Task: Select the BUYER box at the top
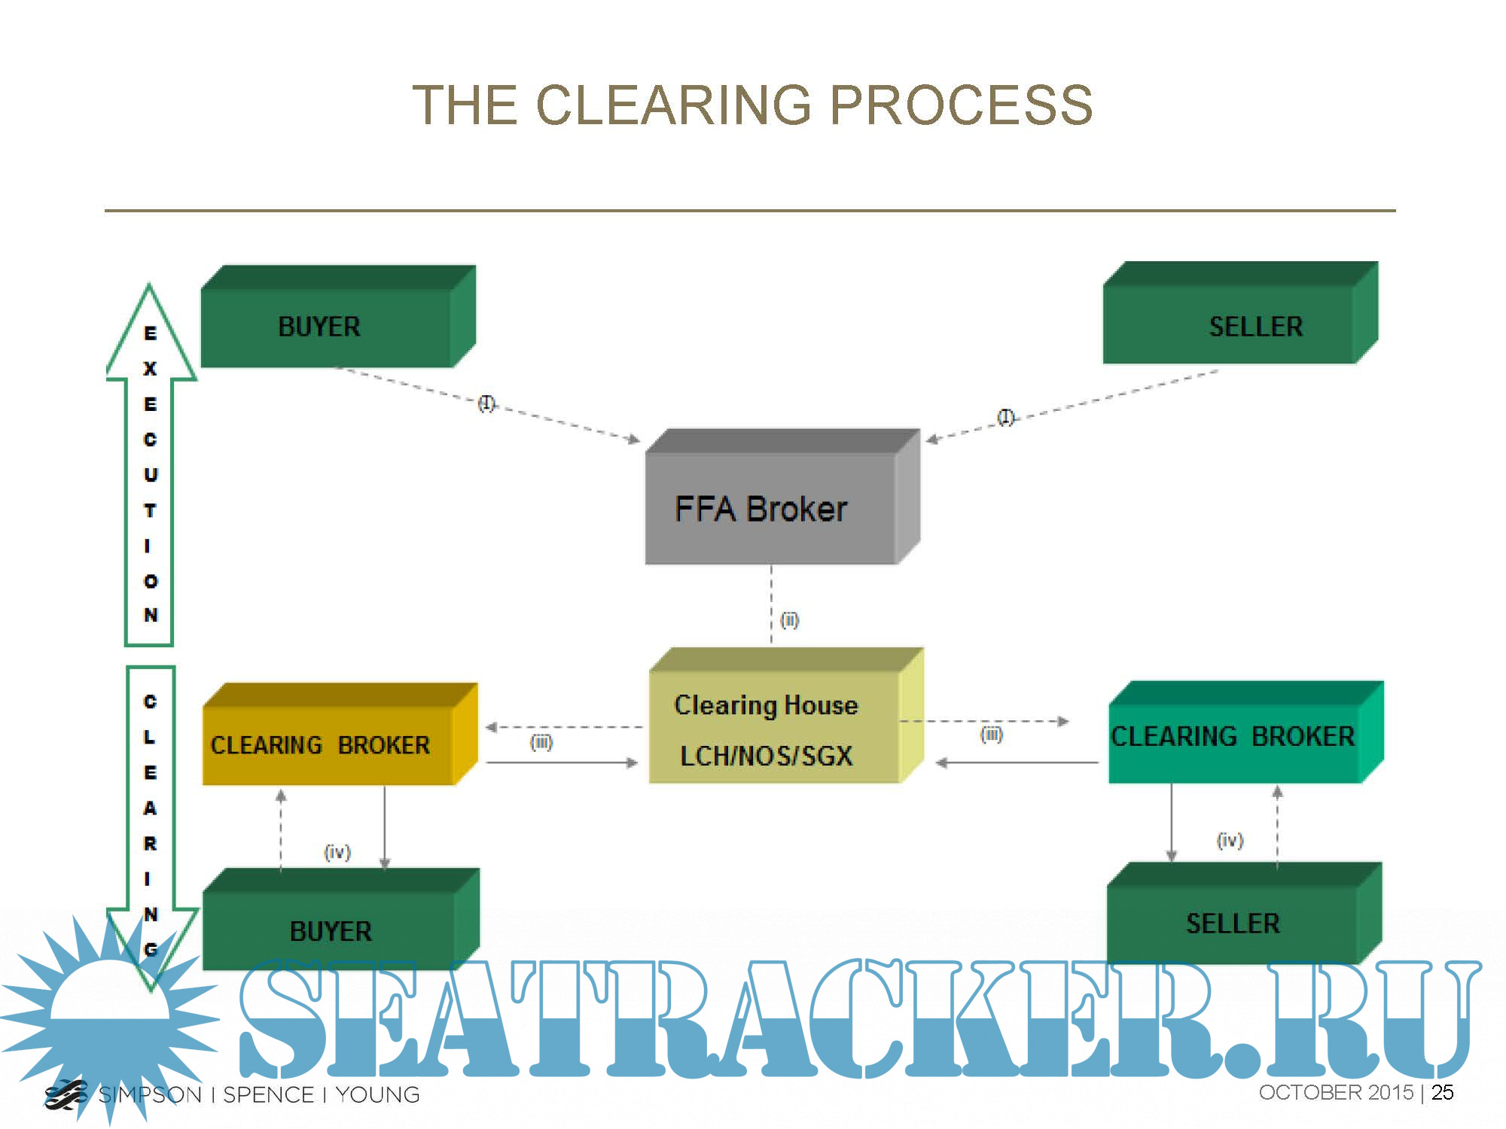point(328,326)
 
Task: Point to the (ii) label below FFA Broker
point(789,620)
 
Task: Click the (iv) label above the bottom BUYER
point(337,852)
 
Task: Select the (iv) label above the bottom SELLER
point(1230,840)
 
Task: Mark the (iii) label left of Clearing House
point(541,743)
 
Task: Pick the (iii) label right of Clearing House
point(991,735)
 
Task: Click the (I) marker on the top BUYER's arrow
point(486,403)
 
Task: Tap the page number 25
point(1442,1092)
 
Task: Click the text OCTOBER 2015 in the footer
point(1336,1092)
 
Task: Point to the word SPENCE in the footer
point(268,1094)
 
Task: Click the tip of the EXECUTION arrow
point(149,288)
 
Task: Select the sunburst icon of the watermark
point(109,1016)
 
